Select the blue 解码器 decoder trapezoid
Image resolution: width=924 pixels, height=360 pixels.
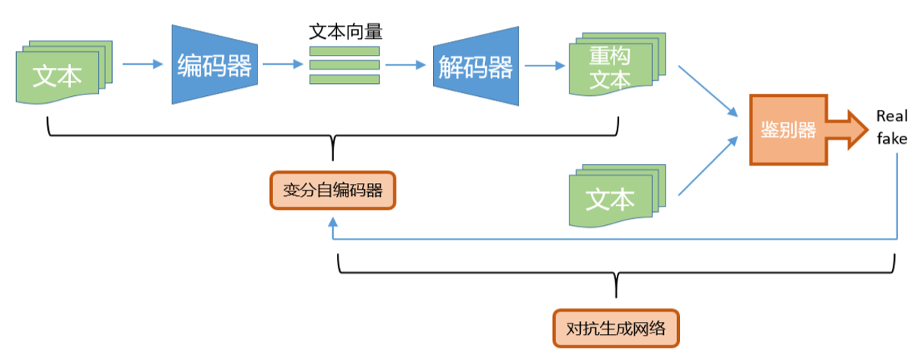(x=476, y=65)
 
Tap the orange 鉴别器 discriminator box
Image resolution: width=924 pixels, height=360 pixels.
(x=788, y=130)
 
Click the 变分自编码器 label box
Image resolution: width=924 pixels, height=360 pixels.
(x=332, y=190)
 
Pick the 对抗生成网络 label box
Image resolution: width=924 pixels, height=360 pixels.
(x=616, y=329)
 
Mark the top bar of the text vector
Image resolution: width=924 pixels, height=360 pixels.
(x=345, y=51)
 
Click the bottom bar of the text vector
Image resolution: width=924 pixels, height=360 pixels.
(x=345, y=79)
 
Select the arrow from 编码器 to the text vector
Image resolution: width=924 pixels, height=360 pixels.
(x=283, y=65)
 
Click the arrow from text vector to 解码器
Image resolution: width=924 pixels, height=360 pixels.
(x=405, y=65)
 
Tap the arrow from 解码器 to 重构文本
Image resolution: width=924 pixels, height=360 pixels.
(x=539, y=65)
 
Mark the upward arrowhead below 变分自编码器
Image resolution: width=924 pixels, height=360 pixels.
(x=332, y=221)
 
